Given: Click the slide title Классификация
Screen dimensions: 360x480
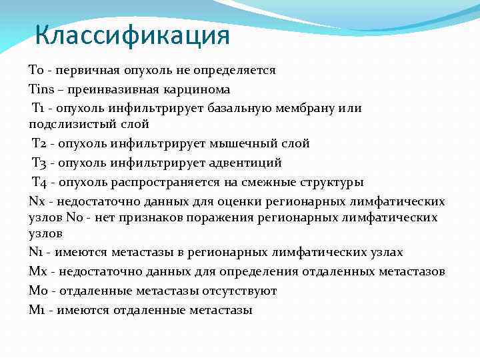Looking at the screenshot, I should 132,35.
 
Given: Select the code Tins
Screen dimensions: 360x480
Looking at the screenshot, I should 39,89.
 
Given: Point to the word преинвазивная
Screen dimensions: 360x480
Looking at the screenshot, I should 114,89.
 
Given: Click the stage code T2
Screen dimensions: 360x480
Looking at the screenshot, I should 40,143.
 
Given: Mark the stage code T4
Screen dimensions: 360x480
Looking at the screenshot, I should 40,182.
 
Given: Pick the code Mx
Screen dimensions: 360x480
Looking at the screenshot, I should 37,271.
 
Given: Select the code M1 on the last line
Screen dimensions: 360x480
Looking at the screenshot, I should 37,310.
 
